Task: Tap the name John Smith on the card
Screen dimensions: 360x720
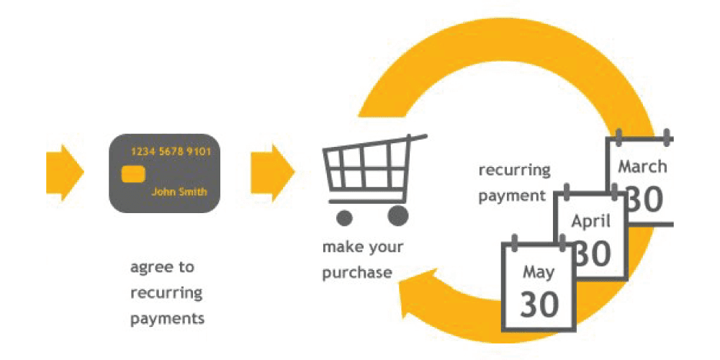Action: [x=179, y=192]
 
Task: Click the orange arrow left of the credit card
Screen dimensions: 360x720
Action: [x=65, y=173]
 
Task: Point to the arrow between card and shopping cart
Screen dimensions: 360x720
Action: [x=272, y=173]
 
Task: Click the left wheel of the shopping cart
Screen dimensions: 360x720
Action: [x=346, y=216]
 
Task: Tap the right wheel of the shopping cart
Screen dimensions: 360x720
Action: [x=397, y=216]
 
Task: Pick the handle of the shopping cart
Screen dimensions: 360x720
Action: [x=416, y=137]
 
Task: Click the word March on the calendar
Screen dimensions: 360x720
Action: [x=643, y=167]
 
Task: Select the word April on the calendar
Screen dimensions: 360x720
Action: [x=590, y=221]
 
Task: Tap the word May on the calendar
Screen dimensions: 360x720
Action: [x=538, y=272]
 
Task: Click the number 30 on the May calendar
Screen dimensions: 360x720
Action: [x=539, y=305]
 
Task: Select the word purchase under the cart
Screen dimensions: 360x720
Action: [x=357, y=273]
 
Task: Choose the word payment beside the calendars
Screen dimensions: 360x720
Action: [x=513, y=195]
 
